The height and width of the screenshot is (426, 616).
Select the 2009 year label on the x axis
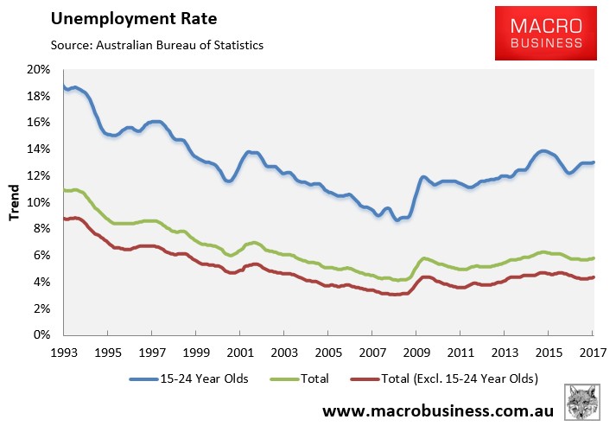(x=416, y=353)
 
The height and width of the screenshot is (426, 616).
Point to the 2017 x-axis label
(x=592, y=353)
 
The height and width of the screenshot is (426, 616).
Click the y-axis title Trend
(x=15, y=202)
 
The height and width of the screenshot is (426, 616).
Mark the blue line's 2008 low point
(x=397, y=220)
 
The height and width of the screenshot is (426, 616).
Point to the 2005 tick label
(x=327, y=353)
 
